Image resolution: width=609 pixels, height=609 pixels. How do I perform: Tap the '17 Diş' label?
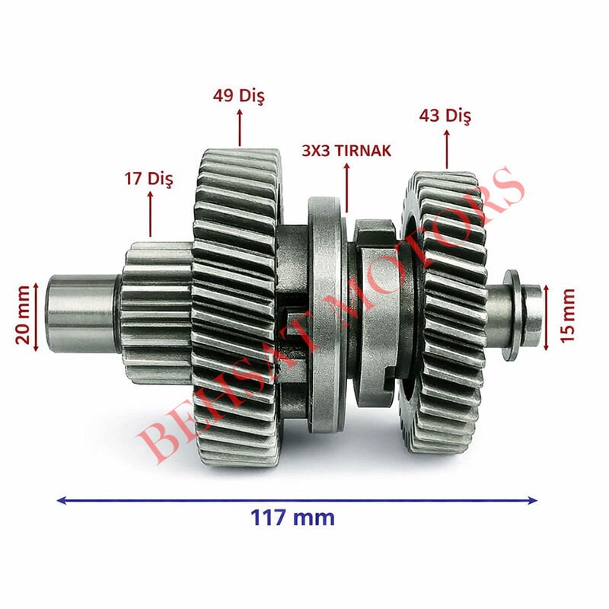(x=149, y=180)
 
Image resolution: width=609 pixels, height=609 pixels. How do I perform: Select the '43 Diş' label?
(x=445, y=116)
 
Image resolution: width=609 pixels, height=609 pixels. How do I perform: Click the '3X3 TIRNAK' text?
(x=346, y=151)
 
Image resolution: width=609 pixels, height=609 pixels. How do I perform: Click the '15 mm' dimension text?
(x=567, y=315)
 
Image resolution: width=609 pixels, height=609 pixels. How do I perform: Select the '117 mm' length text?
(x=292, y=518)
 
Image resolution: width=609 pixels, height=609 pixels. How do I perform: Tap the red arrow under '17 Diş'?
(x=150, y=214)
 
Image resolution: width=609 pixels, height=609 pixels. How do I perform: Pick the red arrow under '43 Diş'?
(x=446, y=148)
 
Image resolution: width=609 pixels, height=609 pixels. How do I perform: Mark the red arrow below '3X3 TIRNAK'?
(x=347, y=187)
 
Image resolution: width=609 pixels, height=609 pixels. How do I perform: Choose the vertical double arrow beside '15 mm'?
(x=547, y=315)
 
